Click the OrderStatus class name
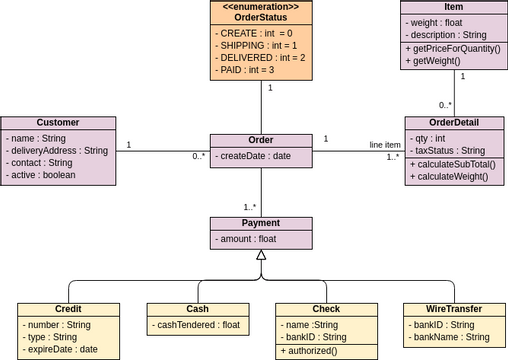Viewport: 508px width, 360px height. [261, 17]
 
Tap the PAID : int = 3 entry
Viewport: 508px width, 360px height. [246, 70]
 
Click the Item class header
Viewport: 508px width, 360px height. [453, 7]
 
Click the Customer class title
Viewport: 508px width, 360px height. [58, 123]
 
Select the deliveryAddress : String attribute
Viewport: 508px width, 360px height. [58, 150]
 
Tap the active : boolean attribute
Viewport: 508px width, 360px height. [46, 175]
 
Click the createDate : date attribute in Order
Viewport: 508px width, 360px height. [255, 156]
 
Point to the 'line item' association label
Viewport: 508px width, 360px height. [384, 145]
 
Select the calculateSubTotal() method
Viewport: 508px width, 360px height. [453, 164]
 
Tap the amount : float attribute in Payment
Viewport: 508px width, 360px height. [247, 239]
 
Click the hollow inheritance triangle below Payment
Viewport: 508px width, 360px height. [261, 255]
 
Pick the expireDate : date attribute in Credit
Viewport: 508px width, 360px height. [60, 349]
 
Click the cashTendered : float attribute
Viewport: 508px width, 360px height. [197, 325]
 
